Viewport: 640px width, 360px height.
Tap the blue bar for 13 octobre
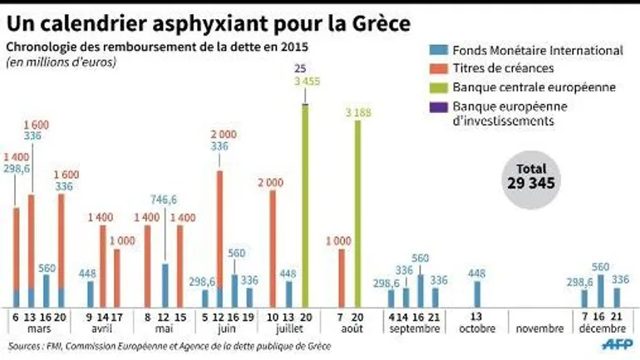pos(476,293)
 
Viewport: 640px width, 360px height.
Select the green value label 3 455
pos(305,81)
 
